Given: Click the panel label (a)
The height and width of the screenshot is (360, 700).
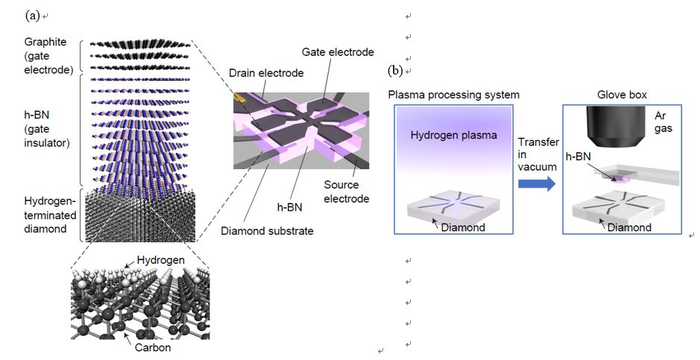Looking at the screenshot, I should tap(13, 14).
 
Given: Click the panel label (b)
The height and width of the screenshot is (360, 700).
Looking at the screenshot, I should tap(396, 72).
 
